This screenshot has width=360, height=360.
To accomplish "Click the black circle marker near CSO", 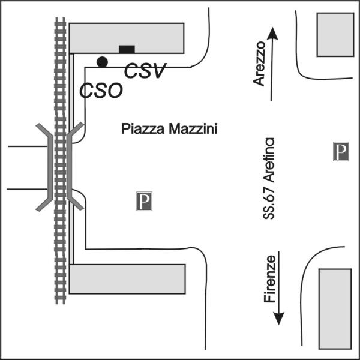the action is (x=102, y=62).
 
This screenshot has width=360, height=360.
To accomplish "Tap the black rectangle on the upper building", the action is (x=127, y=49).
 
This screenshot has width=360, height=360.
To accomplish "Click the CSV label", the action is (x=145, y=71).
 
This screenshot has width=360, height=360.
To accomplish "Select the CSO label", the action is (x=101, y=90).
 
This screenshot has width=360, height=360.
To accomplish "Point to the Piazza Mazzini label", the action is (x=169, y=129).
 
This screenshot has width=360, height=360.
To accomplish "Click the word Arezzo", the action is (x=259, y=64).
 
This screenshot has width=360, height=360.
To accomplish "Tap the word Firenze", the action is (x=269, y=279).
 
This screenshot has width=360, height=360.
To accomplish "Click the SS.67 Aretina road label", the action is (x=269, y=178).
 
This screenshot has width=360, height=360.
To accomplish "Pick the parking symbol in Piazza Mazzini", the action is (x=144, y=201).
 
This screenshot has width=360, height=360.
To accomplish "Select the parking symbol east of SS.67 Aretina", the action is (x=341, y=152).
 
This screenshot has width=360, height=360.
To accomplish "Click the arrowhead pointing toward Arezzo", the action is (x=272, y=34).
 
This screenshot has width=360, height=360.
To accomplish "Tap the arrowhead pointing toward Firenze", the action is (x=278, y=319).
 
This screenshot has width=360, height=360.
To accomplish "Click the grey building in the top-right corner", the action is (x=335, y=35).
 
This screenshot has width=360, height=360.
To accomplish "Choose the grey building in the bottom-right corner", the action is (x=335, y=309).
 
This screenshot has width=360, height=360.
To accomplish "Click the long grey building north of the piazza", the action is (x=127, y=38).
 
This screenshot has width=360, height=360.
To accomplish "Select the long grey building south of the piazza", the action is (x=127, y=279).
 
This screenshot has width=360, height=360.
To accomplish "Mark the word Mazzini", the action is (x=193, y=129).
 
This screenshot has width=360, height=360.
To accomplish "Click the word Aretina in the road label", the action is (x=269, y=160).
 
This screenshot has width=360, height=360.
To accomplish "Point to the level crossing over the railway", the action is (x=59, y=167).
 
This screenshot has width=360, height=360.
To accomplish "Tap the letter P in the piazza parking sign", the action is (x=145, y=200).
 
